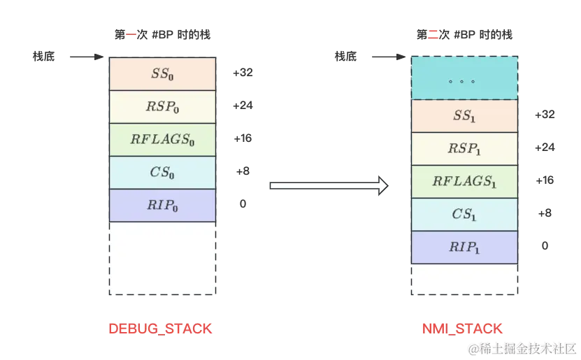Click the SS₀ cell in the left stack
click(x=162, y=73)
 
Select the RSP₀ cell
click(x=162, y=106)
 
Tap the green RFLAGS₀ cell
click(x=162, y=139)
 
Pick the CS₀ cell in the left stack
click(x=162, y=172)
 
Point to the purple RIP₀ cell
click(x=162, y=205)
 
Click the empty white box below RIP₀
click(x=162, y=258)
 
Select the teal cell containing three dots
click(x=464, y=78)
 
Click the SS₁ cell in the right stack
click(x=464, y=116)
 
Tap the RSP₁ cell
click(x=464, y=149)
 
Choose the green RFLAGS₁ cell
click(x=464, y=182)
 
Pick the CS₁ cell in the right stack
click(x=464, y=215)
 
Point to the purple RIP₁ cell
click(x=464, y=247)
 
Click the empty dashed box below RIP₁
click(x=464, y=280)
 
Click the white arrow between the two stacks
click(x=329, y=185)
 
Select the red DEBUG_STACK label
click(x=159, y=329)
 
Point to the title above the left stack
click(x=162, y=35)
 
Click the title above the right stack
click(x=464, y=35)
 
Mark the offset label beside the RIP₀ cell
click(x=242, y=205)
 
